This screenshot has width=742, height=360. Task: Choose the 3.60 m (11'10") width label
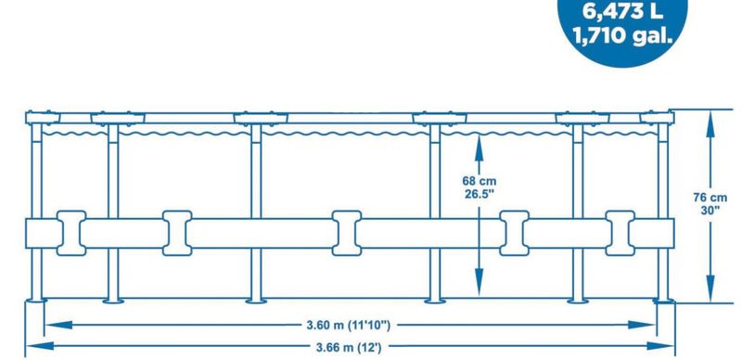tap(348, 326)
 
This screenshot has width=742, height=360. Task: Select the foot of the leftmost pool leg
tap(37, 299)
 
